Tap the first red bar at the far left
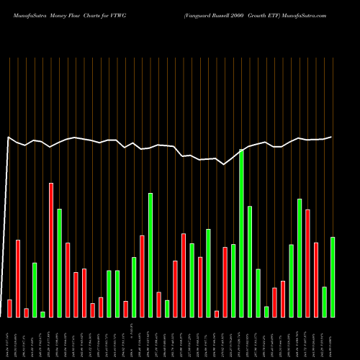[x=9, y=308]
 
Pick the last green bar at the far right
[x=333, y=276]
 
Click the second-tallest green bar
[x=150, y=255]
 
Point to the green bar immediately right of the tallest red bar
[x=60, y=263]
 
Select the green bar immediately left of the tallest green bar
[x=233, y=281]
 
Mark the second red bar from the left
[x=18, y=278]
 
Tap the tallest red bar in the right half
[x=307, y=263]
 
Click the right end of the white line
[x=332, y=137]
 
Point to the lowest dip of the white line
[x=225, y=164]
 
